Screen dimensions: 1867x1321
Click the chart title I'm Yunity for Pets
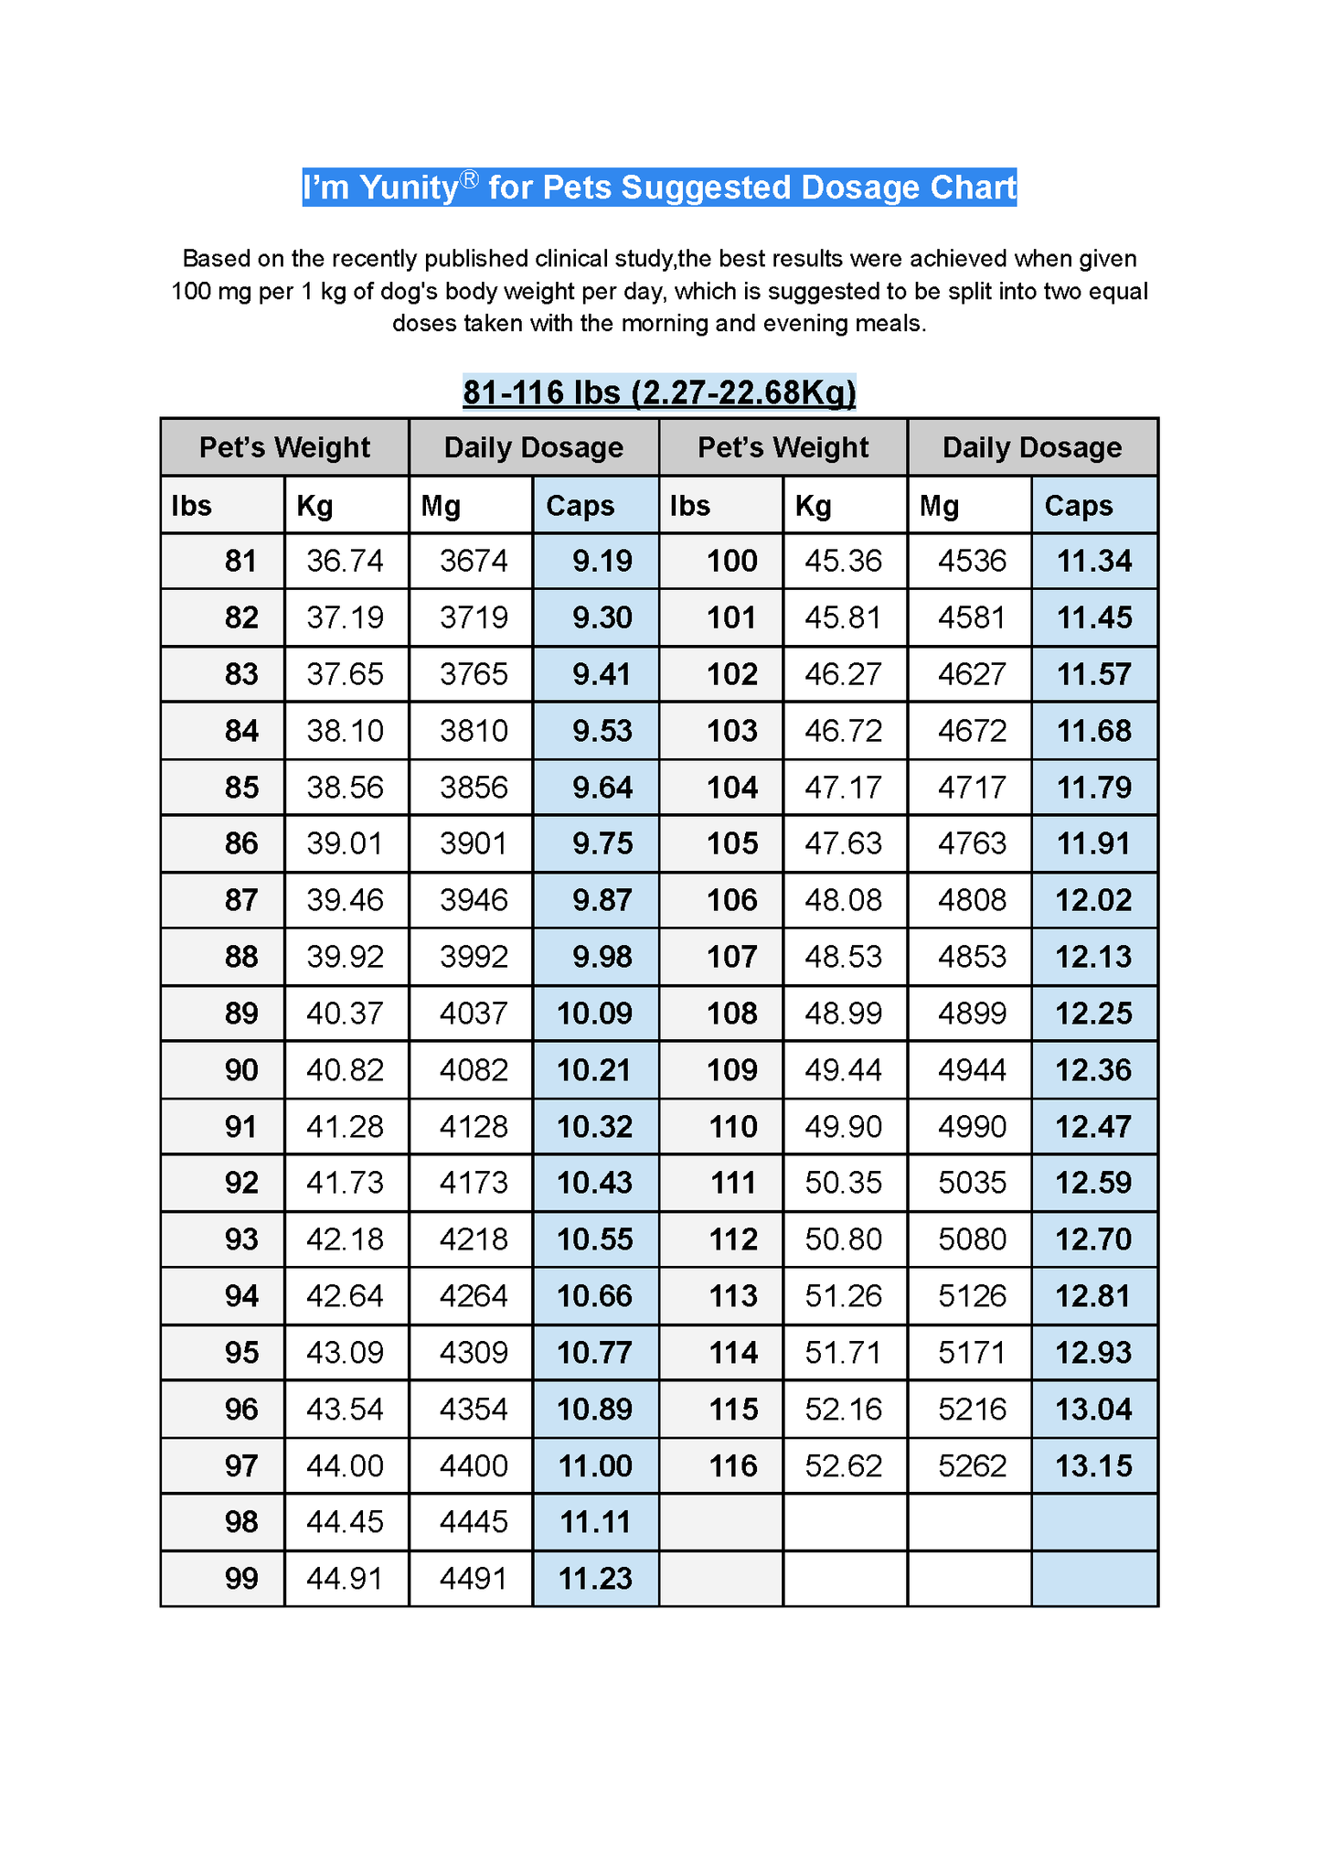coord(658,188)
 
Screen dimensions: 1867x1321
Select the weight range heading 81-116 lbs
coord(658,392)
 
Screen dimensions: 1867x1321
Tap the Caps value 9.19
coord(602,561)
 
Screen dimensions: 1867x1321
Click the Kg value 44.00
coord(345,1466)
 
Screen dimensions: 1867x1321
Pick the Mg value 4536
coord(972,561)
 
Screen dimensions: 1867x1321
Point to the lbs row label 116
coord(733,1466)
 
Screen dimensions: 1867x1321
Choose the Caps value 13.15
coord(1093,1466)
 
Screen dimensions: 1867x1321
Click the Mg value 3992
coord(474,957)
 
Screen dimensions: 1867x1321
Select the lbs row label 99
coord(241,1579)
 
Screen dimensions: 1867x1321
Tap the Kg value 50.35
coord(843,1183)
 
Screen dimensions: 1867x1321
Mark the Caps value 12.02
coord(1093,900)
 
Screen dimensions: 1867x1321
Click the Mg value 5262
coord(972,1466)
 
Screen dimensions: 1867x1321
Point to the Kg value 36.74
coord(345,561)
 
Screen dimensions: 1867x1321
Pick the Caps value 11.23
coord(595,1579)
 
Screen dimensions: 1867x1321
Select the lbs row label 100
coord(731,561)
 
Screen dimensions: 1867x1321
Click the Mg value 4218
coord(474,1239)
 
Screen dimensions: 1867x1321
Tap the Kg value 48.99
coord(843,1014)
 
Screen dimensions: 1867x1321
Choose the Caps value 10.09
coord(594,1014)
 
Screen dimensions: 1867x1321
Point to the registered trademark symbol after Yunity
coord(469,179)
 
